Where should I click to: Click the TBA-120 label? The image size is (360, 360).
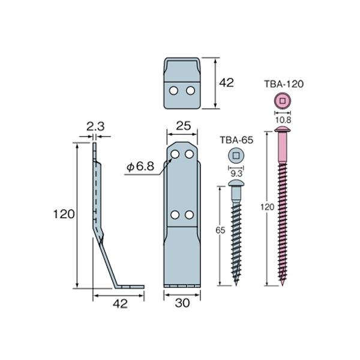coord(284,84)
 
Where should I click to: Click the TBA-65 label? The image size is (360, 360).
coord(236,140)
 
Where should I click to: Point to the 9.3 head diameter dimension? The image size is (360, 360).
coord(236,174)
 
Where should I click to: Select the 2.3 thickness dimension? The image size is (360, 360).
coord(95,127)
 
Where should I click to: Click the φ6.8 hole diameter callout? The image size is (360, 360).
coord(140,166)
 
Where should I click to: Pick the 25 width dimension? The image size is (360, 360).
coord(184,126)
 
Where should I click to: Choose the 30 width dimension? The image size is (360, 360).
coord(182,303)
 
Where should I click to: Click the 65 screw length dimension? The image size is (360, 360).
coord(220,230)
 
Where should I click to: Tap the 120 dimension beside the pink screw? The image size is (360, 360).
coord(268,207)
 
